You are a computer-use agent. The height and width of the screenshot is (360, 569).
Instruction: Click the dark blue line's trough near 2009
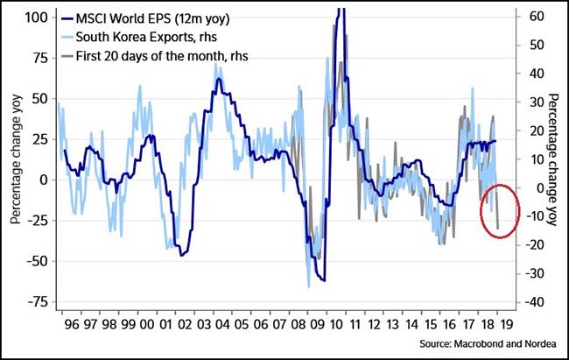[323, 280]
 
